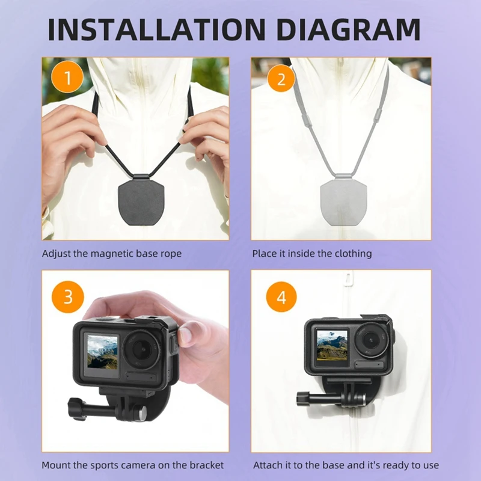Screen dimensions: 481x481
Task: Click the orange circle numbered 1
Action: tap(68, 78)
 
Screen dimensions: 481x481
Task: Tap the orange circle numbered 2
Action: tap(277, 78)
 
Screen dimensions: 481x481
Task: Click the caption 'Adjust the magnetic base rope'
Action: tap(111, 254)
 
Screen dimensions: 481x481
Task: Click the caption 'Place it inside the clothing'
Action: tap(311, 254)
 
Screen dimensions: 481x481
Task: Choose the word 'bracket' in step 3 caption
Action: tap(206, 465)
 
